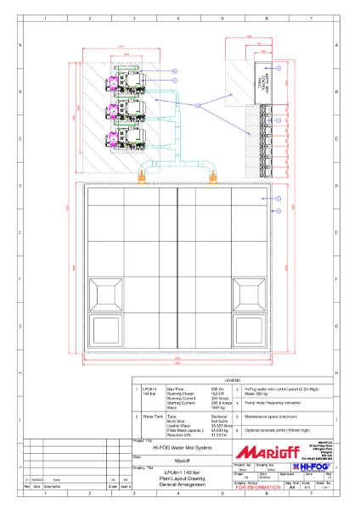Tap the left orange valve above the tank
tap(146, 177)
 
